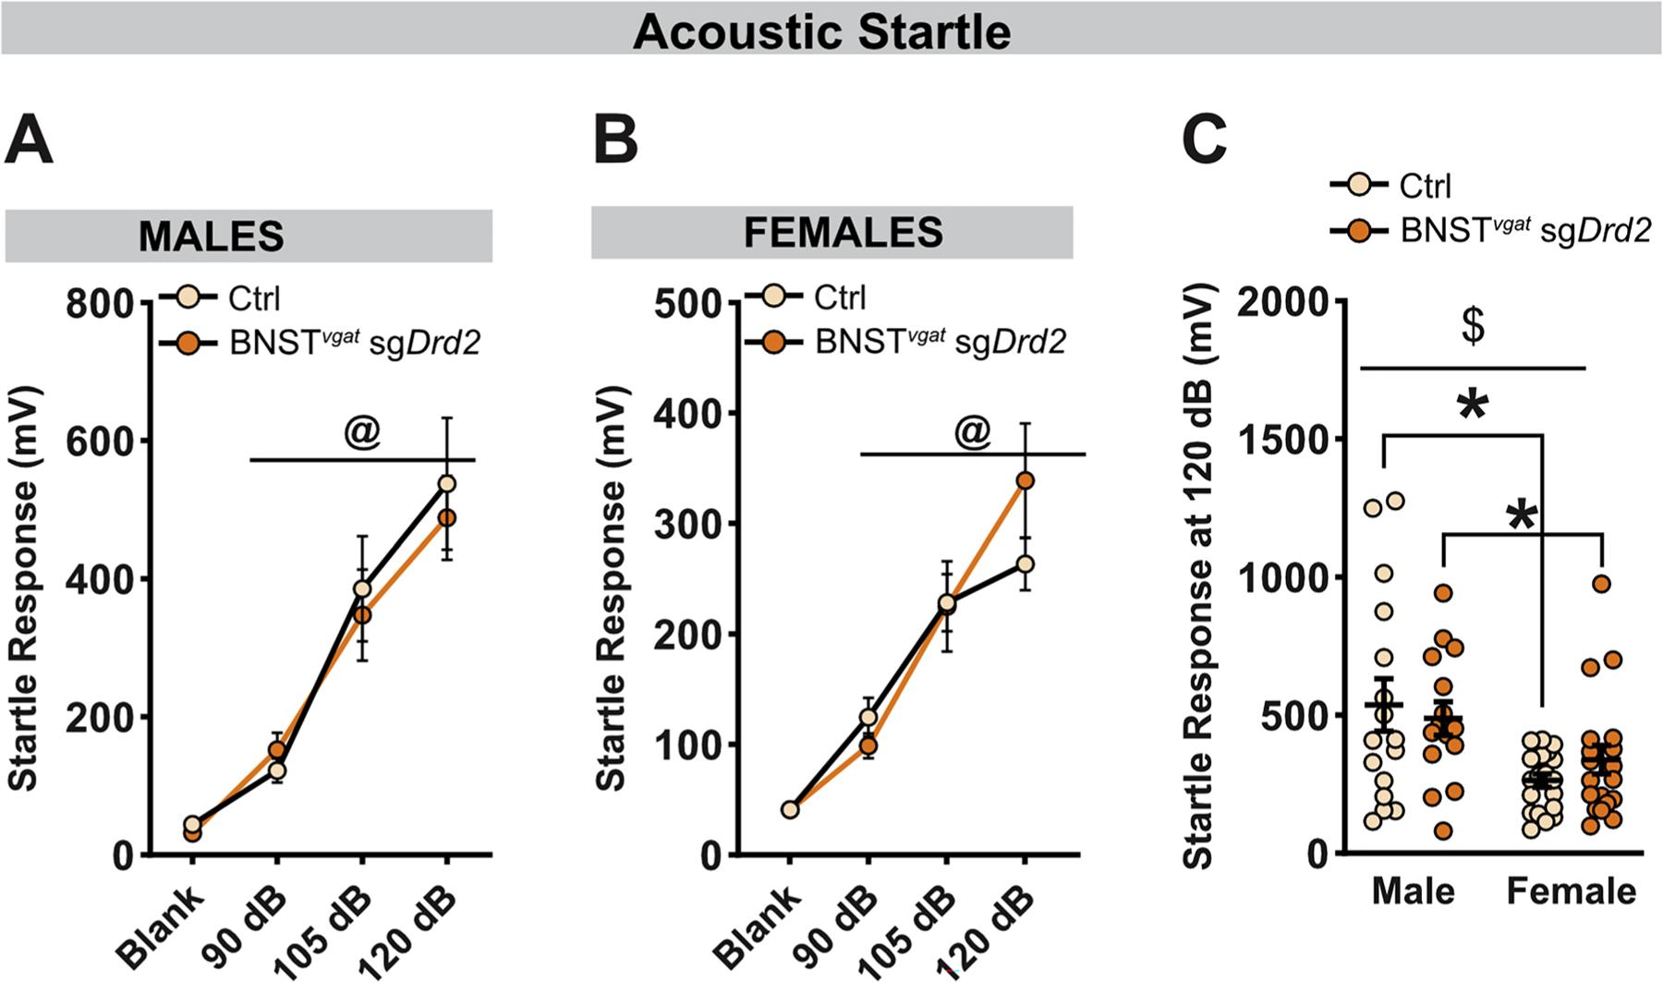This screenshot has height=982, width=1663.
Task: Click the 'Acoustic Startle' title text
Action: [821, 32]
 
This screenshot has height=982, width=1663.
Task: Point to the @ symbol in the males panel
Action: [361, 434]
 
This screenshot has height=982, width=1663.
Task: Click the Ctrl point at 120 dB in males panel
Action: [447, 483]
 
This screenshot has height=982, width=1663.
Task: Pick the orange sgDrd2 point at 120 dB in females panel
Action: [1025, 480]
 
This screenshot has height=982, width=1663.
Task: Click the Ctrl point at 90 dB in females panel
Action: [868, 716]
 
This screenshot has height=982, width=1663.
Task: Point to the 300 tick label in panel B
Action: [687, 524]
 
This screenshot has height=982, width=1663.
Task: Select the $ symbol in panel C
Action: [1473, 327]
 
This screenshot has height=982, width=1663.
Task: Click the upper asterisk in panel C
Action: [1473, 407]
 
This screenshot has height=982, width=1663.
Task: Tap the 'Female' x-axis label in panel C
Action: [1571, 891]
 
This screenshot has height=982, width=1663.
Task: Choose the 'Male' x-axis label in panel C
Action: [1413, 891]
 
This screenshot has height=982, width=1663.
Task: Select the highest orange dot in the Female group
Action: [1601, 583]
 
